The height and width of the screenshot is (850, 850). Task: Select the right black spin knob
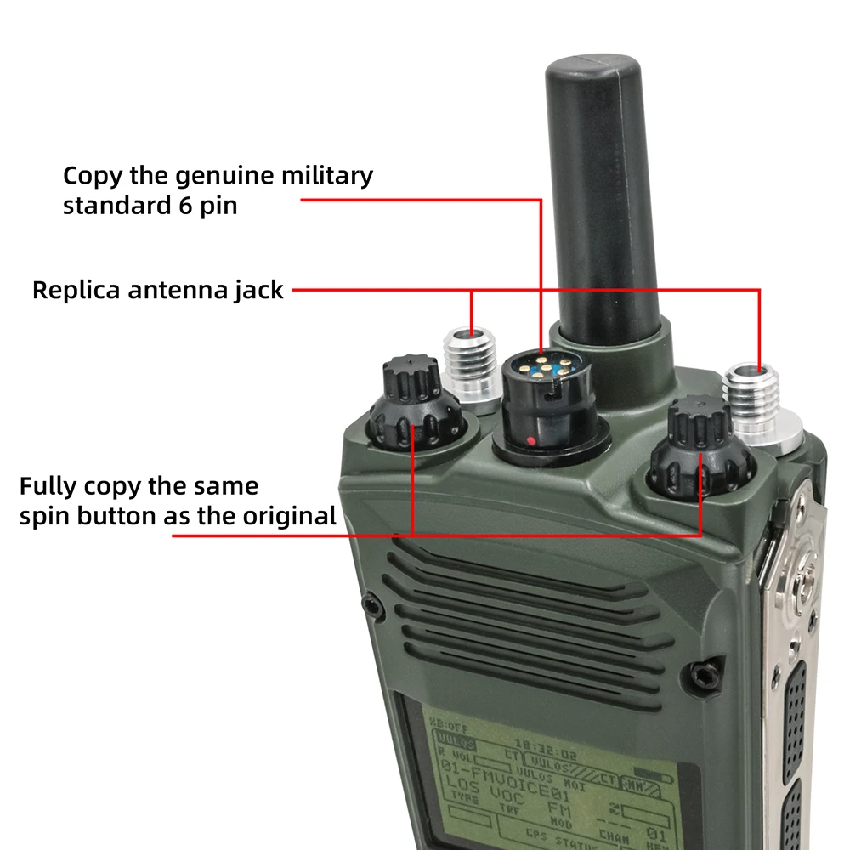point(699,450)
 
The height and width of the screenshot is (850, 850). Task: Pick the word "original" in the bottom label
point(292,515)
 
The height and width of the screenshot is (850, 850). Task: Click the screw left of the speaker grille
point(371,605)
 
